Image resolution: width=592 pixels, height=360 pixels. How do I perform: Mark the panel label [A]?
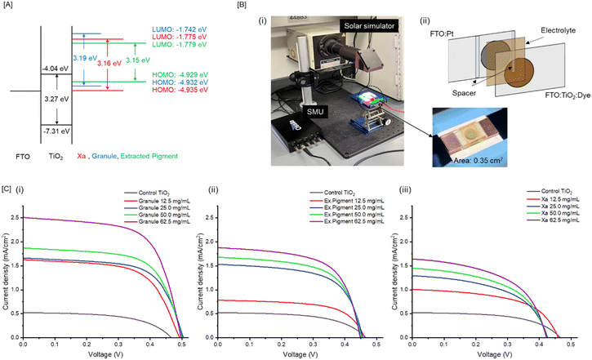point(8,7)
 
